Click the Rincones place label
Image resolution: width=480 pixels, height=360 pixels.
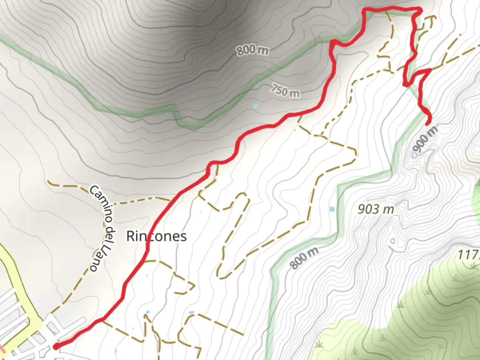click(156, 236)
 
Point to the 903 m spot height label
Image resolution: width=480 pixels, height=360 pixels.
click(376, 209)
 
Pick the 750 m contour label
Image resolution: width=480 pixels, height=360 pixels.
click(285, 90)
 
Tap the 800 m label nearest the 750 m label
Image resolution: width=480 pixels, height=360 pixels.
click(252, 50)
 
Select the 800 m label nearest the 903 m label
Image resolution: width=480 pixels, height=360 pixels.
click(303, 258)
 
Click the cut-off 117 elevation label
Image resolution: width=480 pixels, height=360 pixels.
click(468, 255)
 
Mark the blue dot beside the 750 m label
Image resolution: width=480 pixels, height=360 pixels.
click(255, 106)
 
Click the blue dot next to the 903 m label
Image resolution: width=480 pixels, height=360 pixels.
click(332, 209)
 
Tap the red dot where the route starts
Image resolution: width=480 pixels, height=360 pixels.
click(56, 347)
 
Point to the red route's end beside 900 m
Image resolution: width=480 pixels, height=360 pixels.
click(428, 123)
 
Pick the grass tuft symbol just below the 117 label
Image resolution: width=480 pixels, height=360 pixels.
click(474, 266)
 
